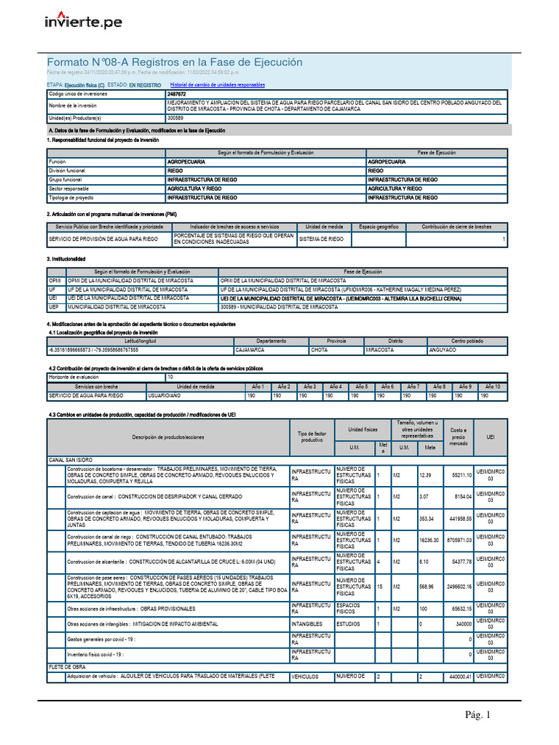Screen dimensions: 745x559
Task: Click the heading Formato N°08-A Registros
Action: (x=174, y=63)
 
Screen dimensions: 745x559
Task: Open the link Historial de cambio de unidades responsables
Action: (x=213, y=85)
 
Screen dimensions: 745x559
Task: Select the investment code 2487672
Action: (x=176, y=95)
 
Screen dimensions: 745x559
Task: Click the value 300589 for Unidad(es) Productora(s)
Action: (x=175, y=118)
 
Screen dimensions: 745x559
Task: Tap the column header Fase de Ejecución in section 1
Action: (x=437, y=152)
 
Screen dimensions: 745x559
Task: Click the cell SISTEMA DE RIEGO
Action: (x=321, y=239)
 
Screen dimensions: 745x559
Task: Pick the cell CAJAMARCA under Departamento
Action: (x=250, y=350)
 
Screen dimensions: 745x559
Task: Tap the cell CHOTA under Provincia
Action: (x=320, y=350)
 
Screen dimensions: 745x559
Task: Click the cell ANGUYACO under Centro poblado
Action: (x=443, y=350)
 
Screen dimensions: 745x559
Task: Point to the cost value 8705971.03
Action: (x=458, y=541)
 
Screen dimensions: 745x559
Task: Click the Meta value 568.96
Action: (x=427, y=586)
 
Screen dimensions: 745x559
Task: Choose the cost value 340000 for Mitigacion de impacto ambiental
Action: (x=461, y=624)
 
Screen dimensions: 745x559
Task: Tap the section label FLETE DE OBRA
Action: (x=67, y=666)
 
